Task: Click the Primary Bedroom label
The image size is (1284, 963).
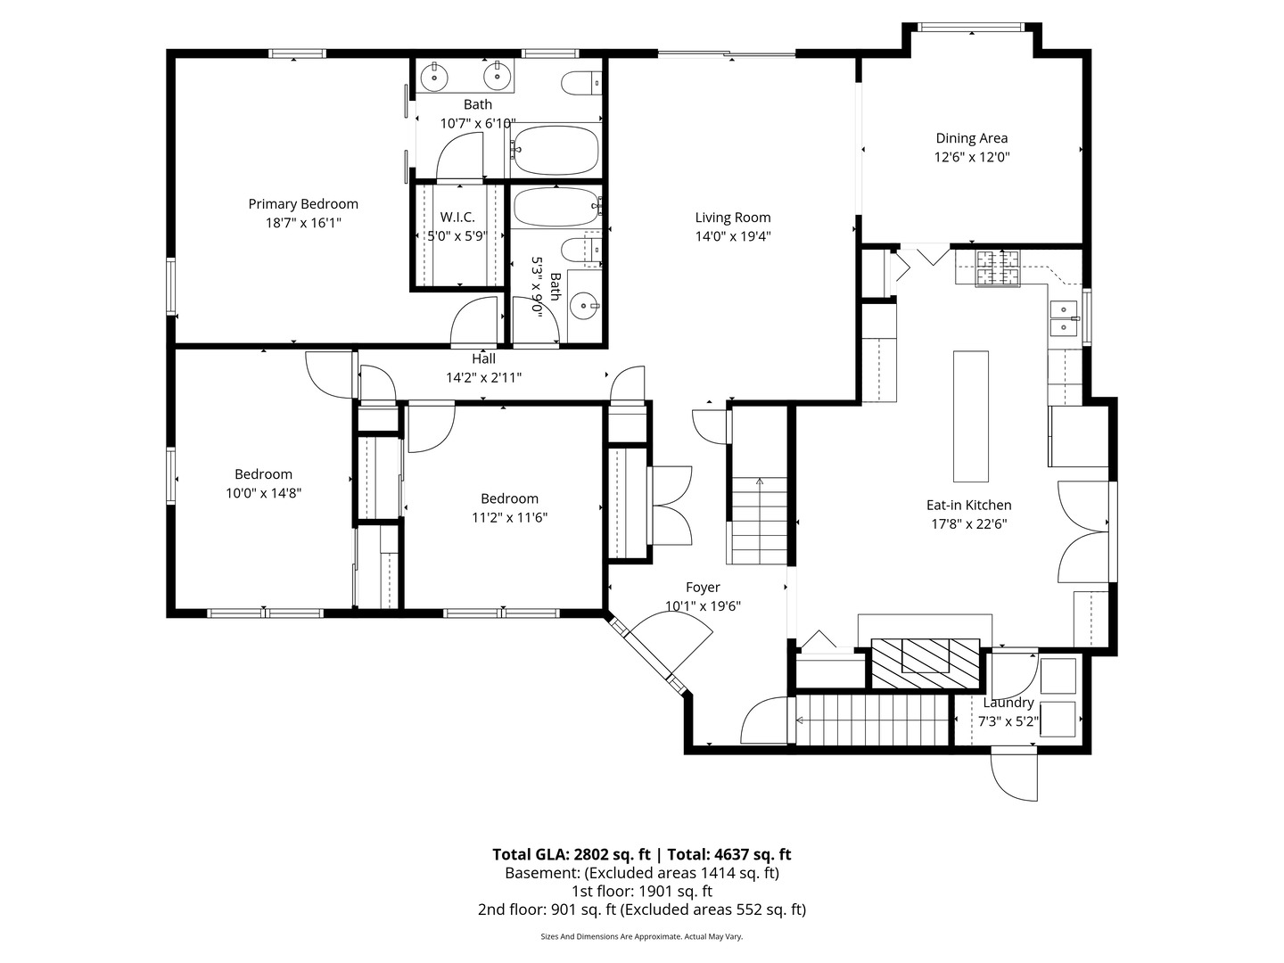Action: [x=303, y=204]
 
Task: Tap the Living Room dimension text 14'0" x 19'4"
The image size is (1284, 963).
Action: [x=733, y=236]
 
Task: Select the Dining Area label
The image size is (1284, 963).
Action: [x=971, y=138]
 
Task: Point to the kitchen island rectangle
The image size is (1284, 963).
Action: [x=971, y=416]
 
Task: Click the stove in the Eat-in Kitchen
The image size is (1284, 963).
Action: [x=998, y=268]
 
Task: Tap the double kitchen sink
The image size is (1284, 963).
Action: [x=1064, y=318]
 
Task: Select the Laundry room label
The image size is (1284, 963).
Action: [x=1008, y=703]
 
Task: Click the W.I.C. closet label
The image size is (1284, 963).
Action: [x=457, y=218]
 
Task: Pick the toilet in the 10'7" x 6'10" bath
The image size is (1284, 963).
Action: [x=581, y=84]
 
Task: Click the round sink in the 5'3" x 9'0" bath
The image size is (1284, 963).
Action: [x=584, y=307]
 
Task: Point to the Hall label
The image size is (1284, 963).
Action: [x=484, y=358]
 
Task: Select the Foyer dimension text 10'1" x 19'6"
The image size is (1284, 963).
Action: [x=703, y=606]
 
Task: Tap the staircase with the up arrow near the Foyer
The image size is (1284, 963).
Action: [x=759, y=521]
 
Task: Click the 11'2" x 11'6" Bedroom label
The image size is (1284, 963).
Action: [x=509, y=499]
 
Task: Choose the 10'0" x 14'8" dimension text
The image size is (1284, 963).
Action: [x=263, y=493]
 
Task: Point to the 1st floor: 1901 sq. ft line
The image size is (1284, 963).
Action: [x=642, y=891]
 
